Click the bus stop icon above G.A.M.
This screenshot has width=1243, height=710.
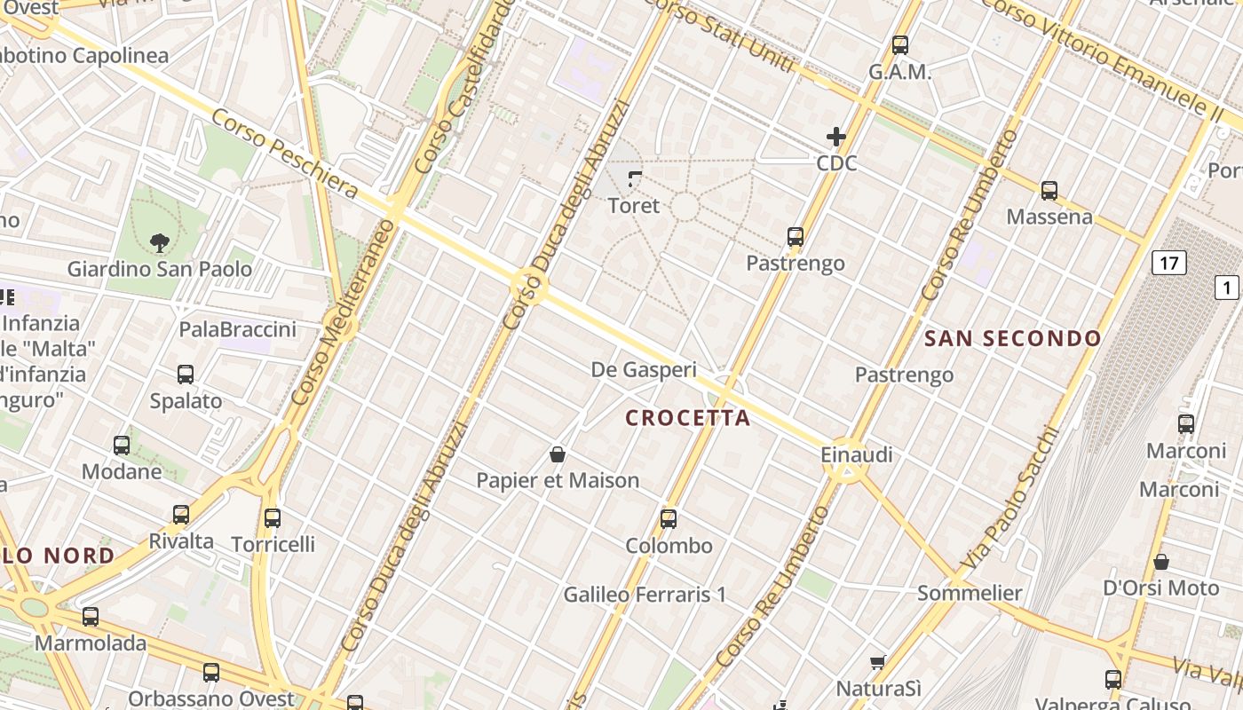click(900, 45)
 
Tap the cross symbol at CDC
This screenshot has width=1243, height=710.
click(835, 137)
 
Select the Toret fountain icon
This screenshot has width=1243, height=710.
click(634, 179)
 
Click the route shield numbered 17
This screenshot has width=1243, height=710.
click(1168, 263)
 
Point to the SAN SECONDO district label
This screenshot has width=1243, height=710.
click(1012, 338)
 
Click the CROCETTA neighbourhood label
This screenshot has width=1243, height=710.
click(688, 418)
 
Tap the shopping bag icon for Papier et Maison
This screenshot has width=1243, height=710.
click(558, 455)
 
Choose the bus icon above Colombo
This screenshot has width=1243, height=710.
click(669, 519)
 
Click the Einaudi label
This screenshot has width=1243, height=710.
click(857, 454)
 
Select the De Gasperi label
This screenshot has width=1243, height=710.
click(644, 370)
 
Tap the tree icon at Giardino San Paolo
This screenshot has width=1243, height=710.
click(160, 241)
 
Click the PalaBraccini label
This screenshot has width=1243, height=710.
click(238, 330)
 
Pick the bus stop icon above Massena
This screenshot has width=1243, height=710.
click(1049, 191)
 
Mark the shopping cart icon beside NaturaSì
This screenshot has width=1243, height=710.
click(878, 662)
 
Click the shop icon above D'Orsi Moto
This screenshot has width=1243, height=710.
click(1160, 562)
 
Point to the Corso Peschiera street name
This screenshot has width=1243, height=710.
click(284, 154)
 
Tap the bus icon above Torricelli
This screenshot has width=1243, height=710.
click(273, 518)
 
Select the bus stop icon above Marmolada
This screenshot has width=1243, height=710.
click(91, 617)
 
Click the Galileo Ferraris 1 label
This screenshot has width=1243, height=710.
click(645, 595)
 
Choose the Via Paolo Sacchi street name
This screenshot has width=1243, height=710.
click(1009, 500)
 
